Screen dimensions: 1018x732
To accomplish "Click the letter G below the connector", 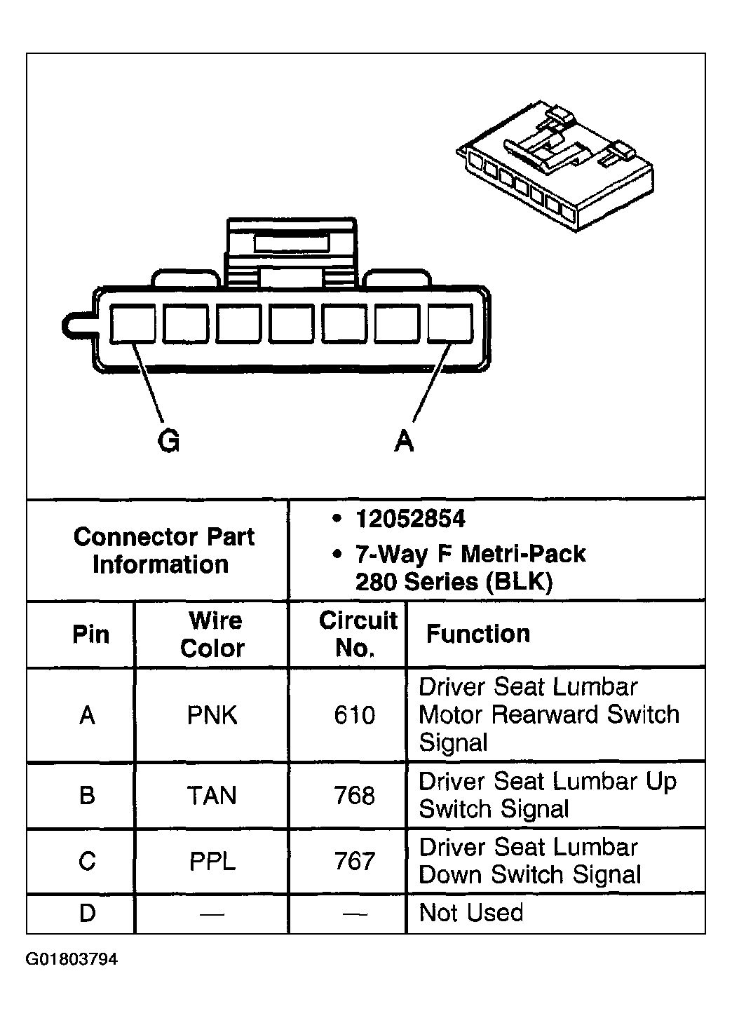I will coord(168,441).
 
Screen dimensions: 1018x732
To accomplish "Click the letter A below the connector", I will coord(404,441).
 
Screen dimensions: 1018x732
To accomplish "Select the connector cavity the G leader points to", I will coord(133,325).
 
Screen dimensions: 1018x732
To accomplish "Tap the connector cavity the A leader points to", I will coord(449,325).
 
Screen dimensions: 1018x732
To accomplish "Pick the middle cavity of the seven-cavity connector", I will coord(291,325).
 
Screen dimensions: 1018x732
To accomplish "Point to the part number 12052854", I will coord(410,520).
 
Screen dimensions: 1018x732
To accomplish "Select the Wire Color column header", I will coord(212,634).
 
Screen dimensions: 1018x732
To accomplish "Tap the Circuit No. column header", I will coord(357,634).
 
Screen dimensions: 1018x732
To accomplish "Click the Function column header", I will coord(478,634).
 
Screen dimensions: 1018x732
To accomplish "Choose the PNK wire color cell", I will coord(212,715).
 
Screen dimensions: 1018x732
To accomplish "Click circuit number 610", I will coord(355,715).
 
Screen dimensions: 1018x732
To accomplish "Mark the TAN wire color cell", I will coord(212,796).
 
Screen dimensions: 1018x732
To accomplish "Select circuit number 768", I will coord(355,796).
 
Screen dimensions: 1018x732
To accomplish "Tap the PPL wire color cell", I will coord(212,861).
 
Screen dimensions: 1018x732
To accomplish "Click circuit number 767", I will coord(355,861).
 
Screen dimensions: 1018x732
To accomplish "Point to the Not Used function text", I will coord(470,913).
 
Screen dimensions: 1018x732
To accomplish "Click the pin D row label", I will coord(87,914).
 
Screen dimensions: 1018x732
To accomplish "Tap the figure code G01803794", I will coord(72,959).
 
